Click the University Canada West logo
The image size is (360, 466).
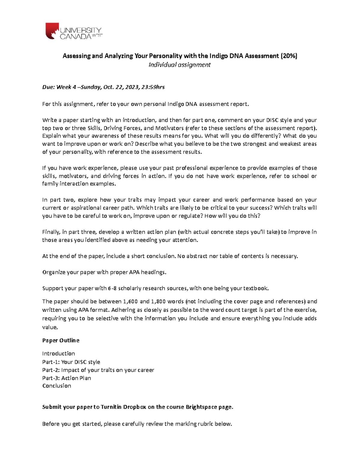tap(73, 32)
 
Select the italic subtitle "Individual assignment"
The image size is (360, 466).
tap(180, 65)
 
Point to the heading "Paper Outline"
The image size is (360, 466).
tap(61, 341)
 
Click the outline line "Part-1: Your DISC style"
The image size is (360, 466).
tap(71, 362)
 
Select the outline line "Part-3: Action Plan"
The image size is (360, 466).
tap(67, 378)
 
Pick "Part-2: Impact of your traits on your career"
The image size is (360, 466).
tap(98, 370)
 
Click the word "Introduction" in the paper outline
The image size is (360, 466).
tap(58, 353)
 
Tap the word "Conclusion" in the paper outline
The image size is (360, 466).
tap(57, 386)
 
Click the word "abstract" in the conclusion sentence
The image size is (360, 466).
tap(196, 256)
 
